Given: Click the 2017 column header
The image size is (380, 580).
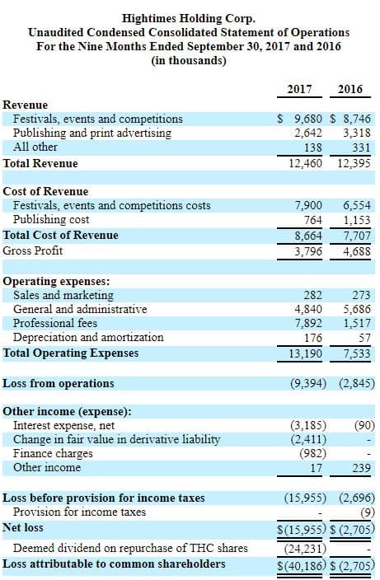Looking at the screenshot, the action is click(x=299, y=89).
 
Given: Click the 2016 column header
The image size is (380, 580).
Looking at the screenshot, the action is click(x=350, y=89).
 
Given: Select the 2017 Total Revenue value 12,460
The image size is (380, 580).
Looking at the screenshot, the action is click(x=306, y=163).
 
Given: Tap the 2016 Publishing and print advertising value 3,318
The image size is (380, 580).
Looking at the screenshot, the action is click(x=357, y=133).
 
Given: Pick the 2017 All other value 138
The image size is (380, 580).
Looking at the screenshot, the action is click(x=313, y=147).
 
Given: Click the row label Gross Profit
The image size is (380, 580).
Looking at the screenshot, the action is click(x=33, y=250).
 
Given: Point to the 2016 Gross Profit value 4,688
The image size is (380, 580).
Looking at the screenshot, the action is click(x=357, y=251).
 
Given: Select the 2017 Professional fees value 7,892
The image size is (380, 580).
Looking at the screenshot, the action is click(x=308, y=323).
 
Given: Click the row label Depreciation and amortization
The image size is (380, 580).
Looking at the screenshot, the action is click(x=88, y=337).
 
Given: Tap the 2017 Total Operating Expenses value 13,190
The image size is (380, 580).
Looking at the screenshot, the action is click(x=306, y=353).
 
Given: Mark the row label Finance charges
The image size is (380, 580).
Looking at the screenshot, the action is click(x=53, y=453).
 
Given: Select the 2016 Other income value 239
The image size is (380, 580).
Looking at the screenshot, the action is click(x=361, y=468).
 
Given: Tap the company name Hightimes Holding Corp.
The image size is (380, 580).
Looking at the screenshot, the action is click(x=188, y=18).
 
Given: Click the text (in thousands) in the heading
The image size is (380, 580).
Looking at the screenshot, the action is click(x=188, y=60).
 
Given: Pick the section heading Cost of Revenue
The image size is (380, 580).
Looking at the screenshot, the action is click(x=45, y=191).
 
